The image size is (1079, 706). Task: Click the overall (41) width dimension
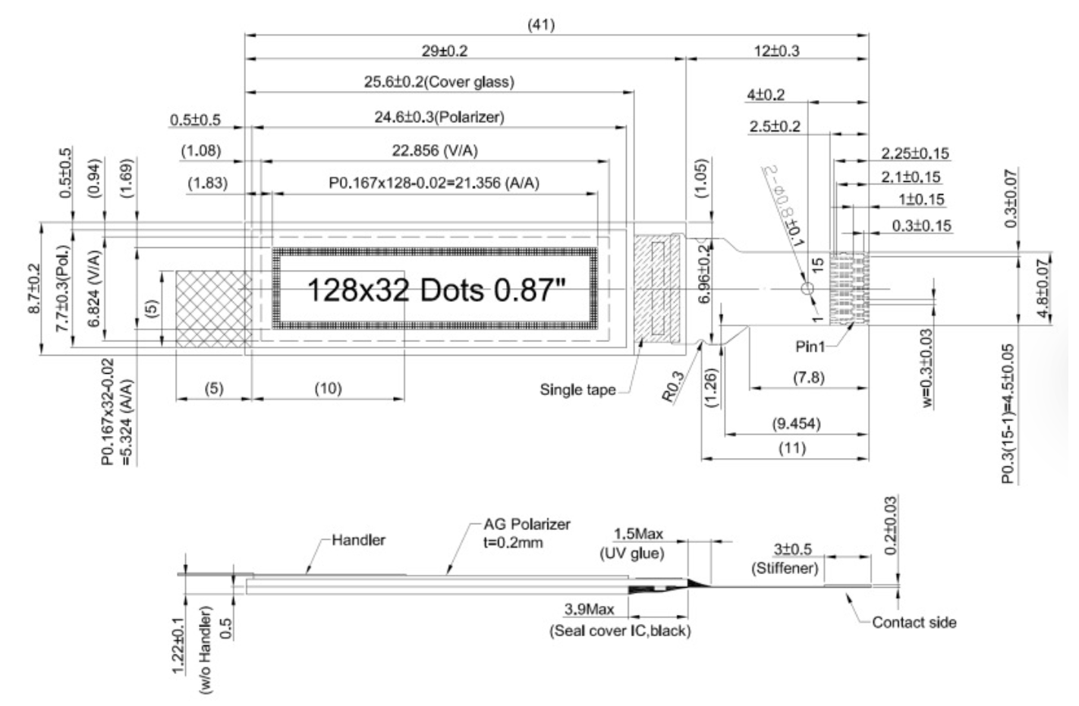(542, 25)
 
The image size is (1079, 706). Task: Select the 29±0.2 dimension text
(445, 51)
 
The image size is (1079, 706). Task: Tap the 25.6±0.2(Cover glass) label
(439, 83)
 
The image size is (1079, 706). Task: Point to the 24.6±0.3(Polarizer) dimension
(439, 118)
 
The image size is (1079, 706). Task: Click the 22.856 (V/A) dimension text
(435, 151)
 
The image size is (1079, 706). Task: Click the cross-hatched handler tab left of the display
(214, 309)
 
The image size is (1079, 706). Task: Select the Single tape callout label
(577, 389)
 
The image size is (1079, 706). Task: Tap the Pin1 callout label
(810, 347)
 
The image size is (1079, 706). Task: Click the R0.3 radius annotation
(673, 387)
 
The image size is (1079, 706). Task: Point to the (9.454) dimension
(796, 424)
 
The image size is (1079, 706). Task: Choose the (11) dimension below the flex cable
(792, 448)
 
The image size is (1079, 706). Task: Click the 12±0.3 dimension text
(777, 51)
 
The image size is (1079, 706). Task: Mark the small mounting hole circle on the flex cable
(807, 289)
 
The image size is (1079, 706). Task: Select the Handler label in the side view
(359, 540)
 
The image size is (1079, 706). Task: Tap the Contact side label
(914, 623)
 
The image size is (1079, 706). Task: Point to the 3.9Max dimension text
(589, 610)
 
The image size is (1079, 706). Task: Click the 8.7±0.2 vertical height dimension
(33, 289)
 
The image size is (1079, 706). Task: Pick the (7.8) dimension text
(809, 378)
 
